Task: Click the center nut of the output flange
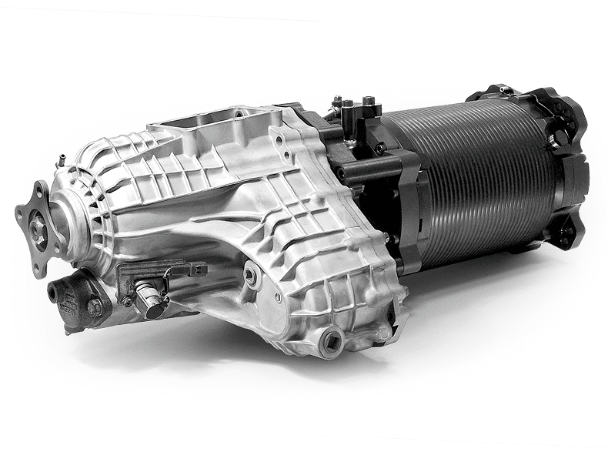point(35,226)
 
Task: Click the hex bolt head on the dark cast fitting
point(94,306)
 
